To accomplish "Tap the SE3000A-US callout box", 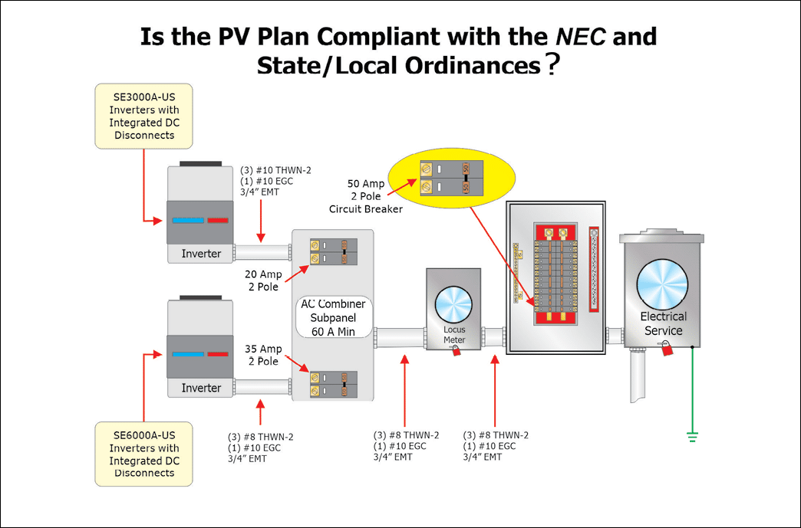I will [x=143, y=116].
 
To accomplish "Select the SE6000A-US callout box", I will [x=143, y=454].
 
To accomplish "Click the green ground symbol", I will [x=692, y=437].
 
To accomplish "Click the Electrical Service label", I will [x=663, y=323].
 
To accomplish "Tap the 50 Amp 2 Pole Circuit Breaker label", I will [x=365, y=196].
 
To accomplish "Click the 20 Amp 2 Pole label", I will [x=264, y=280].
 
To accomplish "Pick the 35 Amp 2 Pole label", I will [x=263, y=355].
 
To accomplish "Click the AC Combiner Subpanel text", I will [x=332, y=317].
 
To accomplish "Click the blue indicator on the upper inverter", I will [x=187, y=221].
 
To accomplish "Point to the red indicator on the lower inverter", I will [x=217, y=355].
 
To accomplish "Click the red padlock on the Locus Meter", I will [x=457, y=351].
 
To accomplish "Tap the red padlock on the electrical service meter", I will [x=666, y=349].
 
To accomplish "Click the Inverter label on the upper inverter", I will [x=201, y=254].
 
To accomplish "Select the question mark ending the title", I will [x=550, y=66].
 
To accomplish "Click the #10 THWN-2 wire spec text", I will [x=275, y=170].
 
